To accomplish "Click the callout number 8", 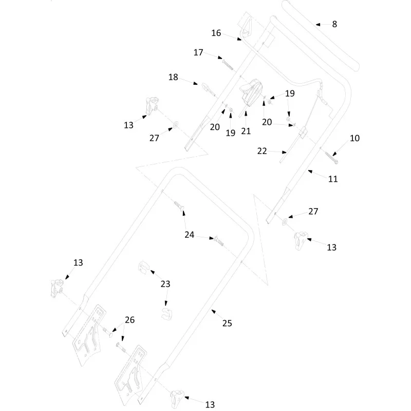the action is [x=334, y=24].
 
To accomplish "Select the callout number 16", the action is [x=216, y=33].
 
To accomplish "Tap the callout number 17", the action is [x=198, y=52].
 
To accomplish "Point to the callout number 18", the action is [x=173, y=77].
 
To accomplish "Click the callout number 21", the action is [x=246, y=131].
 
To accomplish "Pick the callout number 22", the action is [x=262, y=151].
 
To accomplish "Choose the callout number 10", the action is [x=354, y=138].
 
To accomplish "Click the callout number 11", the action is [x=332, y=179].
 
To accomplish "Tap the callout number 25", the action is [x=227, y=323].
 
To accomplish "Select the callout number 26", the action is [x=129, y=320].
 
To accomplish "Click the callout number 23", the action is [x=165, y=284].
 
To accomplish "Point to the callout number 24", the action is [x=189, y=235].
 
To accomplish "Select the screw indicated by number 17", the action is [x=228, y=65].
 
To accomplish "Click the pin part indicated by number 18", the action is [x=209, y=89].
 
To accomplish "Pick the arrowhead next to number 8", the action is [x=318, y=25].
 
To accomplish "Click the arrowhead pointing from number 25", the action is [x=213, y=311].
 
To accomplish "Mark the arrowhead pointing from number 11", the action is [x=310, y=172].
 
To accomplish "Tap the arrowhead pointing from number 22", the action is [x=284, y=152].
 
